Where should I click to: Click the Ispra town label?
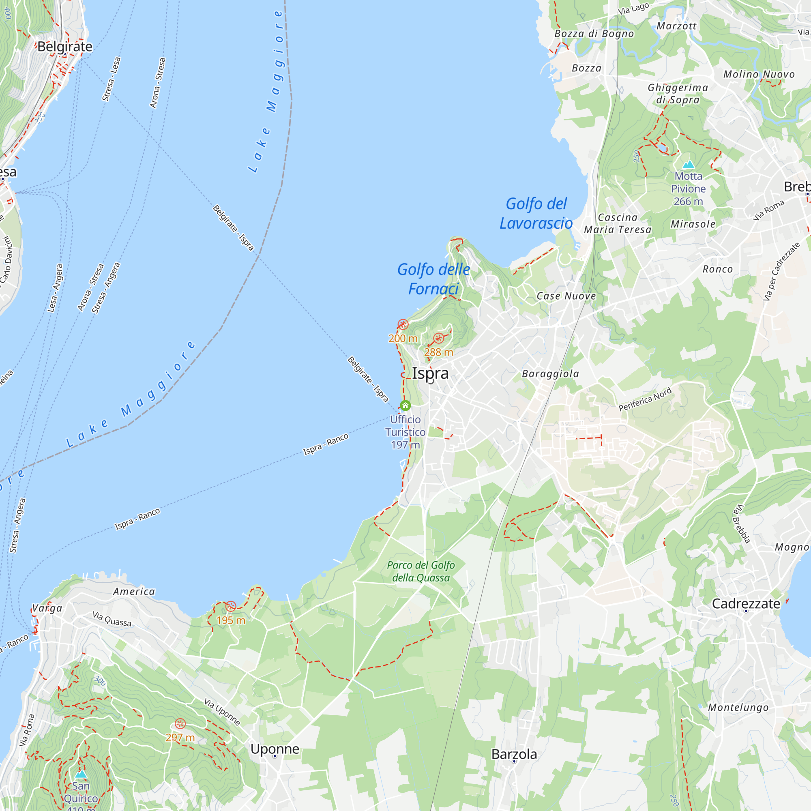(x=430, y=373)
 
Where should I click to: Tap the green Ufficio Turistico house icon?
(x=405, y=405)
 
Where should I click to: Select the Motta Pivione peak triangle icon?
(x=688, y=164)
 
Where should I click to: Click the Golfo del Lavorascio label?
(x=536, y=213)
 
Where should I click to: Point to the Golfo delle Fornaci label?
(x=433, y=279)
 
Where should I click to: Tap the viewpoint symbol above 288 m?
(x=439, y=338)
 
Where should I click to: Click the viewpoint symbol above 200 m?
(x=403, y=324)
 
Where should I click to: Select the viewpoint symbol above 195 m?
(x=231, y=606)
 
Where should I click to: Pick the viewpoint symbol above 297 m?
(x=180, y=724)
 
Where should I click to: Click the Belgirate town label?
(x=64, y=47)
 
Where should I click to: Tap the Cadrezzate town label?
(x=746, y=604)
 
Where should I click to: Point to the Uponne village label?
(x=275, y=749)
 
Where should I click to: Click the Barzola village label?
(x=514, y=754)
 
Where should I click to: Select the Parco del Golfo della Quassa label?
(x=421, y=571)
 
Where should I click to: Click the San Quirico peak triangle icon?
(x=81, y=774)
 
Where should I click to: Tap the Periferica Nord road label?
(x=645, y=399)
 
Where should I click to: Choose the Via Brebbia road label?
(x=741, y=524)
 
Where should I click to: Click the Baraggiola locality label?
(x=550, y=373)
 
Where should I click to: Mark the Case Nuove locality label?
(x=566, y=296)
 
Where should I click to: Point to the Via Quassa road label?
(x=112, y=619)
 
